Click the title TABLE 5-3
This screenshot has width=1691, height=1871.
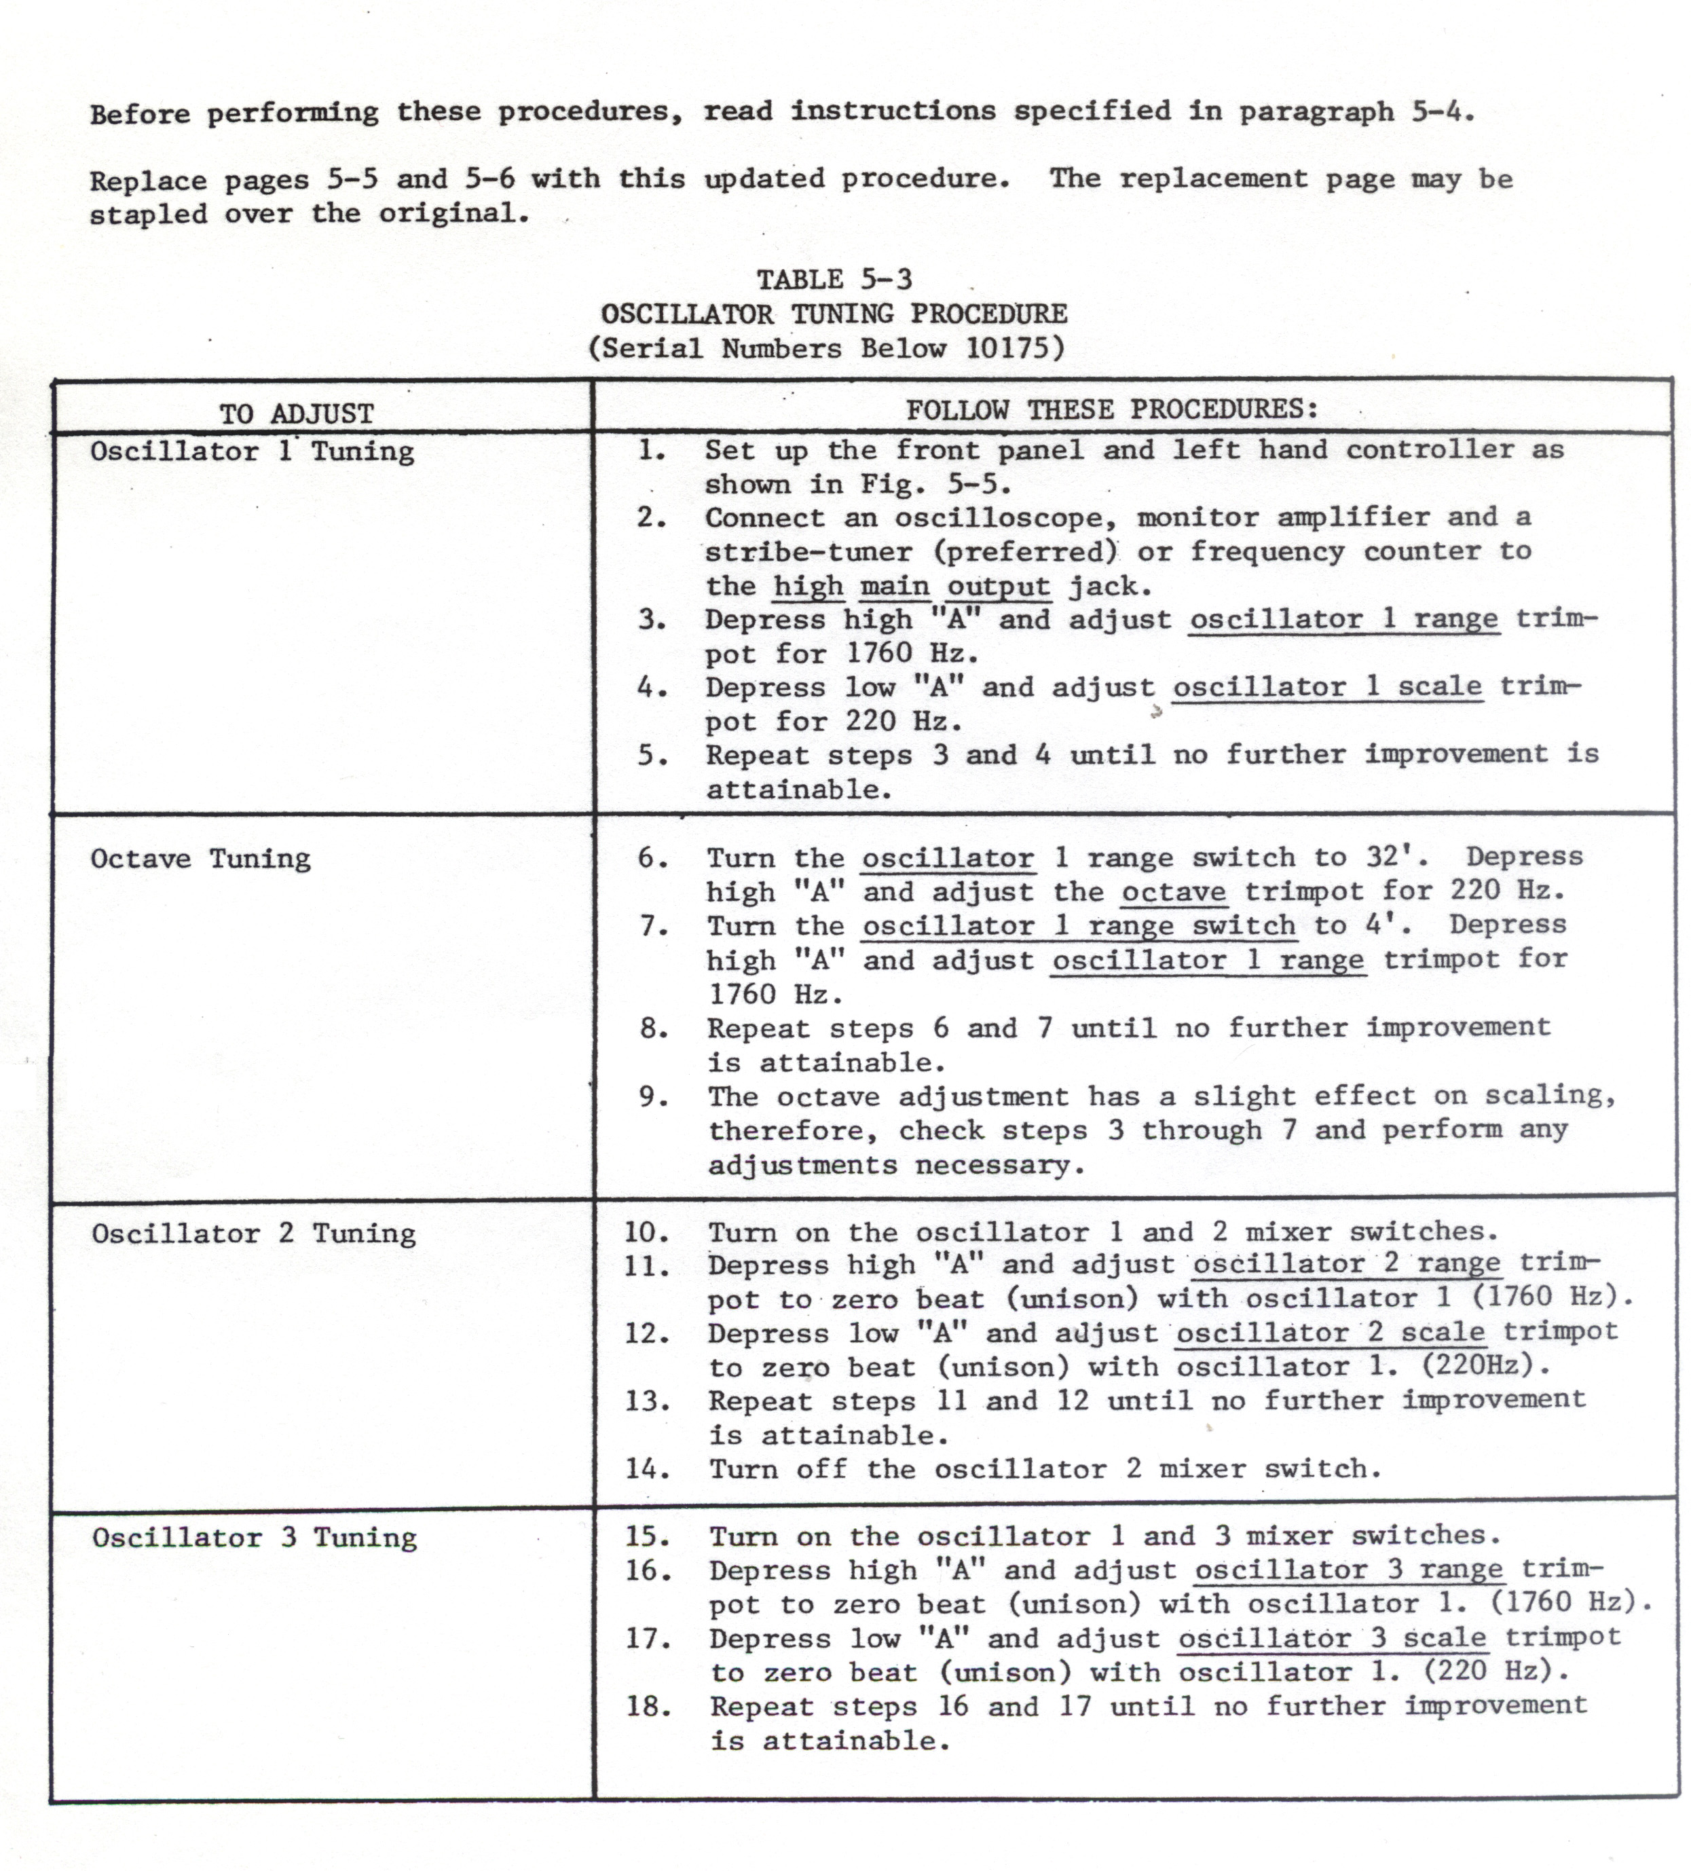pyautogui.click(x=834, y=279)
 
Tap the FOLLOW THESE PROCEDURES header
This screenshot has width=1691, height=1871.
pyautogui.click(x=1111, y=409)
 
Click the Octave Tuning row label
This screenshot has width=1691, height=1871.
pyautogui.click(x=200, y=859)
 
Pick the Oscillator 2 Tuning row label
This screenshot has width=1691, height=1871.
pyautogui.click(x=253, y=1234)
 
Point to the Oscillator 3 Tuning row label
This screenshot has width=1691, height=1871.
pyautogui.click(x=255, y=1538)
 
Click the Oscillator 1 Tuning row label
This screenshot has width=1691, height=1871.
pyautogui.click(x=252, y=452)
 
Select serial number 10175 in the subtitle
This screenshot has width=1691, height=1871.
pyautogui.click(x=1008, y=348)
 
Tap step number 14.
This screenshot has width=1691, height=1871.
pyautogui.click(x=646, y=1469)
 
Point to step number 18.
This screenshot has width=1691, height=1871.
pyautogui.click(x=648, y=1706)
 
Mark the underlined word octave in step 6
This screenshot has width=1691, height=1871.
pyautogui.click(x=1173, y=892)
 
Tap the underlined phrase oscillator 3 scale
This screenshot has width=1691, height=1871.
pyautogui.click(x=1332, y=1638)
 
